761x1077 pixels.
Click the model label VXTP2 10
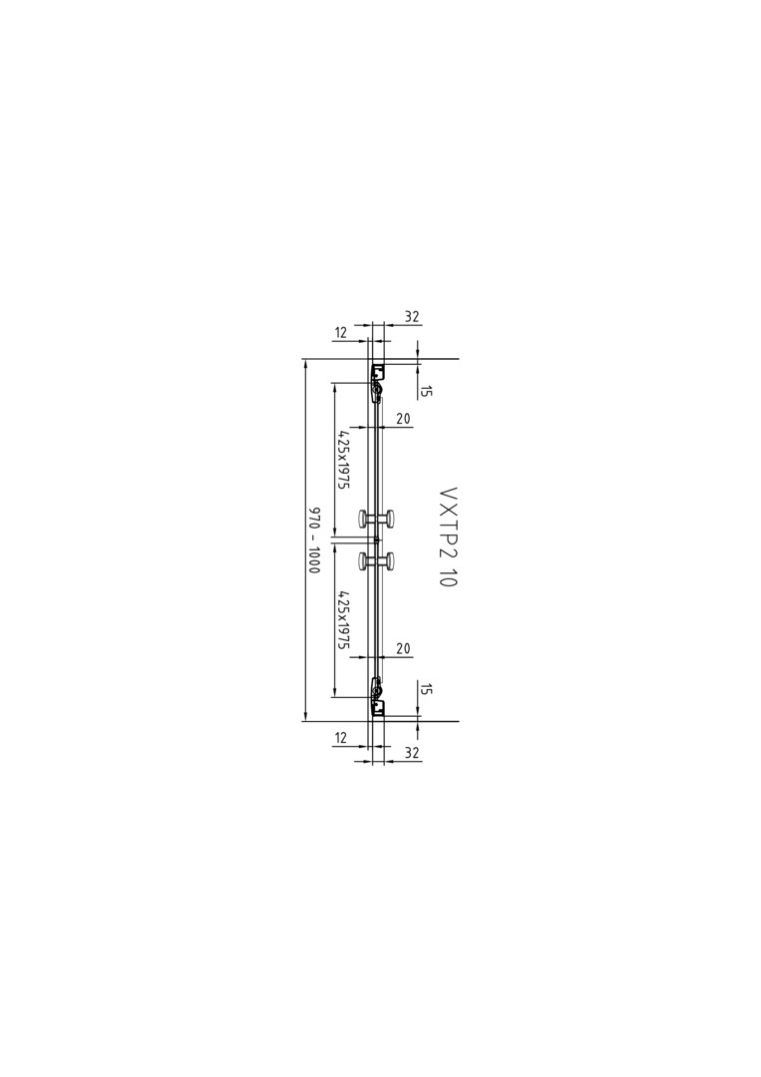tap(448, 538)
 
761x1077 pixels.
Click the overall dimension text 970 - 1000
tap(315, 540)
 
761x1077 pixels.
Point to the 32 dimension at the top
tap(411, 317)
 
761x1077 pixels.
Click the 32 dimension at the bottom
tap(411, 753)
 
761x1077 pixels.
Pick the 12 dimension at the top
tap(341, 333)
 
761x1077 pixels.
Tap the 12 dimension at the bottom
tap(341, 738)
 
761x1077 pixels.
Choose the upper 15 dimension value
tap(426, 391)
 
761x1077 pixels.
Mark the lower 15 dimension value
tap(426, 690)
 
